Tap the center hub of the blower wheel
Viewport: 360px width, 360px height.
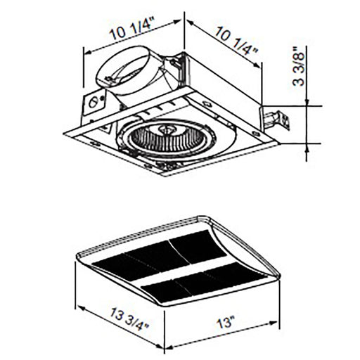(169, 129)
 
